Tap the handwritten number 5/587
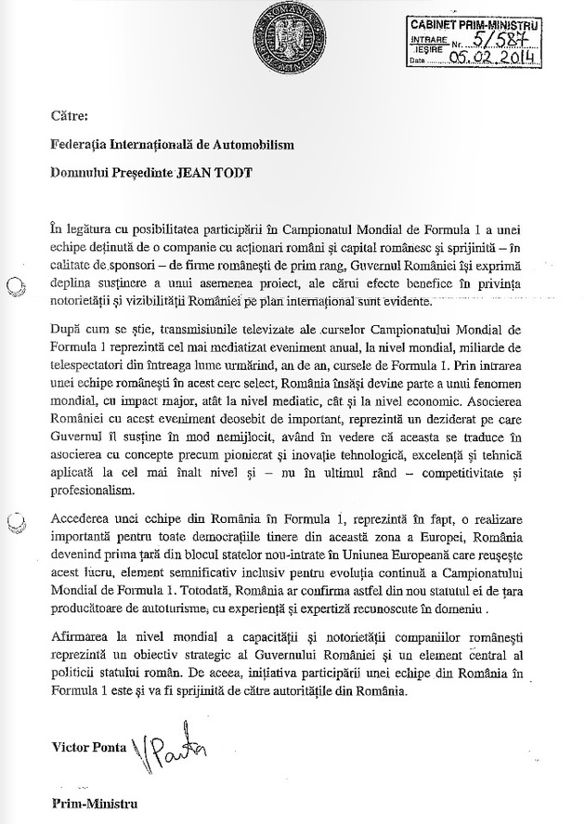(497, 41)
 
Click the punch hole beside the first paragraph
(11, 266)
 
